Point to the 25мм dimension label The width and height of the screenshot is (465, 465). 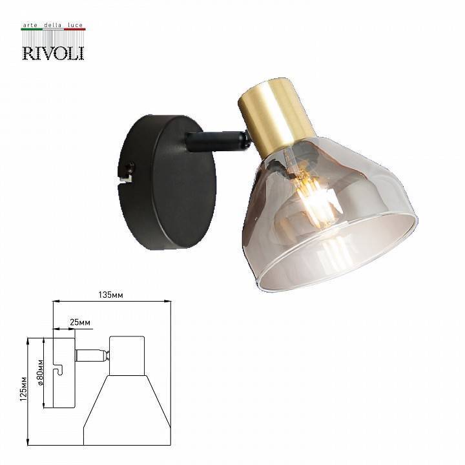click(x=80, y=322)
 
